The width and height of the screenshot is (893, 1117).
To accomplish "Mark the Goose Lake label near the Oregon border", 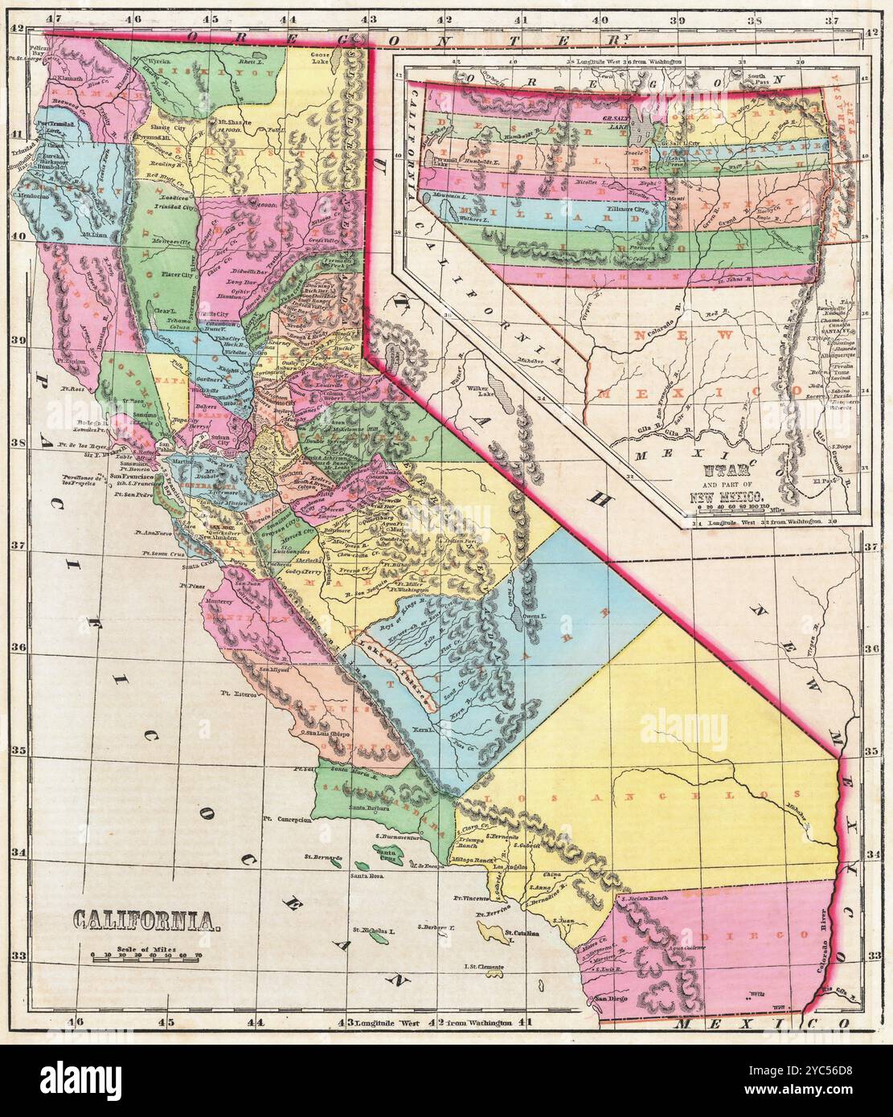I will coord(322,59).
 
